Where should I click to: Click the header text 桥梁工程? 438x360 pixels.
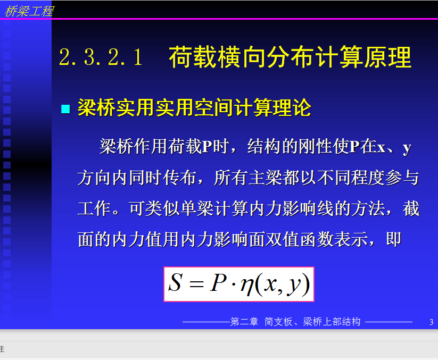point(29,11)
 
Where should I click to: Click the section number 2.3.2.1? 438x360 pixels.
point(101,57)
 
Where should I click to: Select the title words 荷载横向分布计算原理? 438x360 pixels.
point(290,57)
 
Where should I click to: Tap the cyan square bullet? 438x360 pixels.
point(65,109)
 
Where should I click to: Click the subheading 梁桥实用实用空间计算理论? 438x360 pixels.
point(194,107)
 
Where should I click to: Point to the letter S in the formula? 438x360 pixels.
point(176,282)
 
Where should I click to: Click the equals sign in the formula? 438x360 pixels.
point(196,284)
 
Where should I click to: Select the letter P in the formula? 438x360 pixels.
point(218,282)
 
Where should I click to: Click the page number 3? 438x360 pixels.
point(431,322)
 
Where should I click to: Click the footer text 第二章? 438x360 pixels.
point(244,322)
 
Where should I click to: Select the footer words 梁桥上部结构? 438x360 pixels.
point(332,322)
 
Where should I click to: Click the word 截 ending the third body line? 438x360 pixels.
point(411,208)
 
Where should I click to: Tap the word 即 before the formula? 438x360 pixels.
point(394,239)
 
